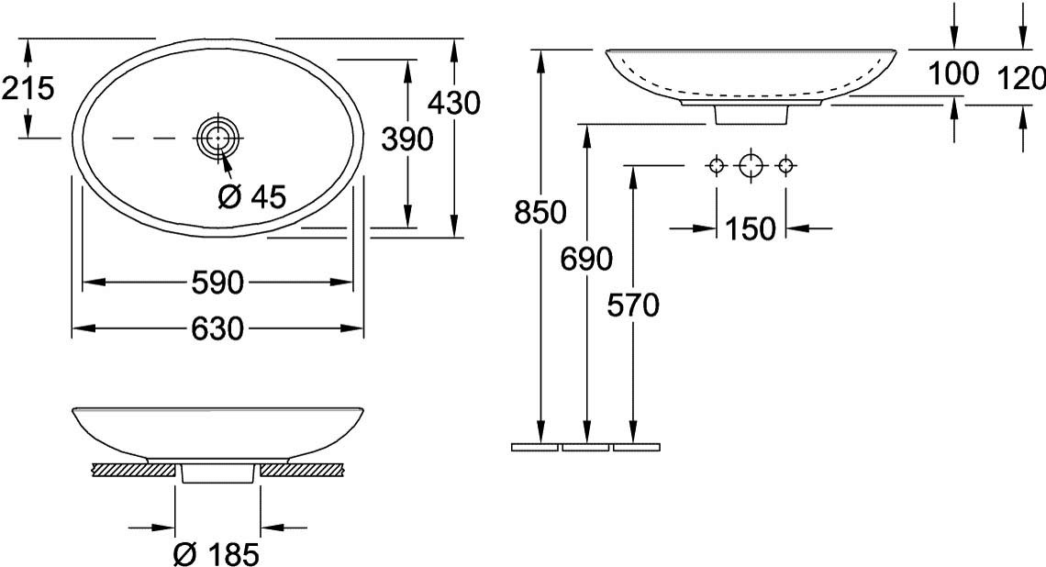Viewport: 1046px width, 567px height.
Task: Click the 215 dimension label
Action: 28,87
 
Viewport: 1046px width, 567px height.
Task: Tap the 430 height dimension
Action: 453,103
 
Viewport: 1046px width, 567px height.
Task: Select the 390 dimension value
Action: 406,139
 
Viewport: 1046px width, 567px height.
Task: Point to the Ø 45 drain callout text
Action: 252,196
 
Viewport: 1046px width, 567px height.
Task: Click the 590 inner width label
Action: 217,283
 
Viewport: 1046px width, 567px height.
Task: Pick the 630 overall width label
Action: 217,328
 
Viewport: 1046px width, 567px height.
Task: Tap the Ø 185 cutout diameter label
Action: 216,553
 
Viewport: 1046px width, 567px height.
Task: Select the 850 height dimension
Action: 540,212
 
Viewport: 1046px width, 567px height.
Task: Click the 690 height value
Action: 586,259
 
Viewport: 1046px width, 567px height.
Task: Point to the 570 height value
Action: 632,306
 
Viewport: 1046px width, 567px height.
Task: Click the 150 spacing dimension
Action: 751,228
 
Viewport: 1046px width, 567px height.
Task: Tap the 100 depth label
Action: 954,73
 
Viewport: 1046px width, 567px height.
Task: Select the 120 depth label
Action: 1021,78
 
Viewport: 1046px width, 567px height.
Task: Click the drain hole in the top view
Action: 217,138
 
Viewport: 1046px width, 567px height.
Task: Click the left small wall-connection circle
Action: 717,164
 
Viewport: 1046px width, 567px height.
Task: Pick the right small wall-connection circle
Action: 785,164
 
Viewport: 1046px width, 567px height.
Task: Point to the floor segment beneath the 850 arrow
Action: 535,447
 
